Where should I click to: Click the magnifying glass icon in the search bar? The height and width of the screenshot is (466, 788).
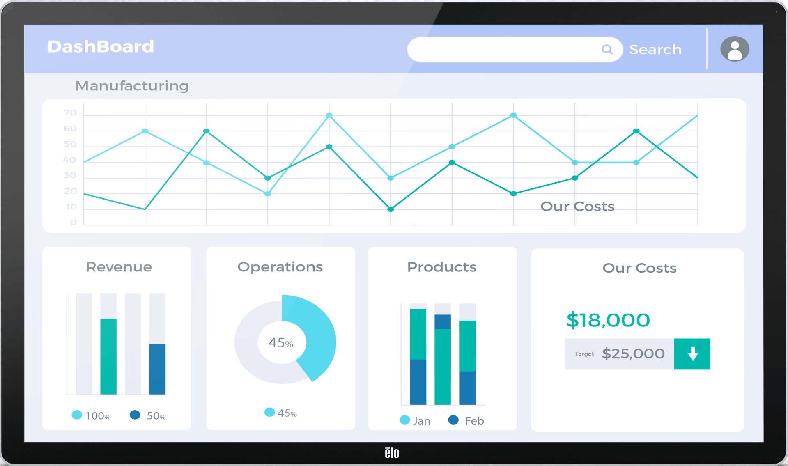pyautogui.click(x=607, y=50)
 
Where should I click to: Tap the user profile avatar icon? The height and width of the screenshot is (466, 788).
pyautogui.click(x=735, y=49)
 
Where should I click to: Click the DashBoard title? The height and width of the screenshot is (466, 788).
pyautogui.click(x=101, y=46)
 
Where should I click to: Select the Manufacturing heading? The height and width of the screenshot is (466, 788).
pyautogui.click(x=132, y=86)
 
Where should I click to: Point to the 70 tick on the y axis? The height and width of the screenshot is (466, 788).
pyautogui.click(x=70, y=113)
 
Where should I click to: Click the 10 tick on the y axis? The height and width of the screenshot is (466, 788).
pyautogui.click(x=71, y=207)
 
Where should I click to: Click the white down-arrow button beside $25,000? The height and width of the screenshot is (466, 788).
pyautogui.click(x=692, y=354)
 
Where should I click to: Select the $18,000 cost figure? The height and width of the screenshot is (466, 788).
pyautogui.click(x=608, y=320)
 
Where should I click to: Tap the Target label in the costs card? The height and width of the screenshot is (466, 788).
pyautogui.click(x=584, y=354)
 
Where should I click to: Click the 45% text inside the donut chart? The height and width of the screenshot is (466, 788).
pyautogui.click(x=281, y=342)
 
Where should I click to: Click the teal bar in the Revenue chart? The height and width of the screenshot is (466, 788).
pyautogui.click(x=108, y=356)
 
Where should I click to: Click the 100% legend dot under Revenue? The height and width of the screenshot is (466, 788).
pyautogui.click(x=77, y=415)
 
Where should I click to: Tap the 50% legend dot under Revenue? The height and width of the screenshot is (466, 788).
pyautogui.click(x=135, y=415)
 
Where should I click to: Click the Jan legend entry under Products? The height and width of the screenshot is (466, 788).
pyautogui.click(x=415, y=420)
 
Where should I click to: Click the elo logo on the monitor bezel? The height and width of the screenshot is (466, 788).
pyautogui.click(x=392, y=452)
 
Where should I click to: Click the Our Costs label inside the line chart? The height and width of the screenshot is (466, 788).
pyautogui.click(x=577, y=207)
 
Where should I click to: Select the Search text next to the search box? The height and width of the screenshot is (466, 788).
pyautogui.click(x=655, y=50)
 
